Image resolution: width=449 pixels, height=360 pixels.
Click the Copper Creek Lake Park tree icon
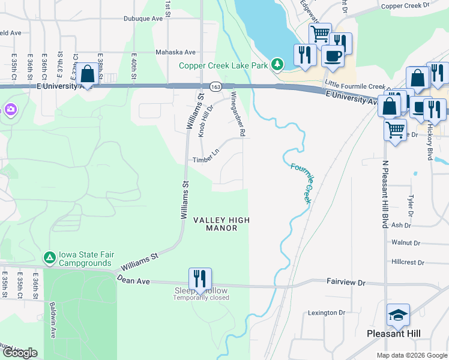[x=277, y=64]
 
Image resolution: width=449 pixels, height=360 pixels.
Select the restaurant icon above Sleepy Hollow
[x=200, y=278]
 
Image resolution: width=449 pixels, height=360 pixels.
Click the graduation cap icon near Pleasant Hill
[x=398, y=314]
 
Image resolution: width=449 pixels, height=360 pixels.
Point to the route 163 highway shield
[x=214, y=86]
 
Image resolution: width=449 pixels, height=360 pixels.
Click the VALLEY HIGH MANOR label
[x=221, y=224]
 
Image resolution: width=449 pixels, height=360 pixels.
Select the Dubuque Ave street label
[x=143, y=19]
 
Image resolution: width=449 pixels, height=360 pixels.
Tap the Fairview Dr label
[x=346, y=281]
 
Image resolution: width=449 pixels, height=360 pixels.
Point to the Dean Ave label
[x=132, y=279]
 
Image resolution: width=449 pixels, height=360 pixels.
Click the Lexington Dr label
[x=327, y=313]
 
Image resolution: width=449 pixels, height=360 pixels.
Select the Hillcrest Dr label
[x=408, y=262]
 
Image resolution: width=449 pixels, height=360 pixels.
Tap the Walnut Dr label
[x=403, y=242]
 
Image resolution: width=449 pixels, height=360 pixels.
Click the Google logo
[x=19, y=353]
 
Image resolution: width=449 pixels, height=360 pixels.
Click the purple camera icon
[x=10, y=109]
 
